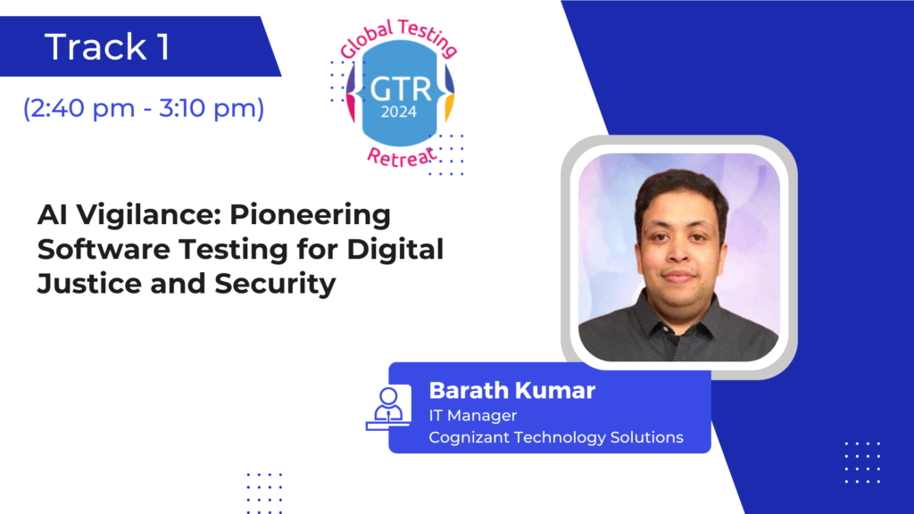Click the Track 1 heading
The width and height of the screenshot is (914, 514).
point(108,46)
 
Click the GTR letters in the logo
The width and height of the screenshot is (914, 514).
point(401,89)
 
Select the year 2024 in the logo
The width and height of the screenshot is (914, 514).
point(399,112)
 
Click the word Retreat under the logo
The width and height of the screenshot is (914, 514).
point(402,156)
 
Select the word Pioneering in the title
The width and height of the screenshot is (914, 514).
point(310,215)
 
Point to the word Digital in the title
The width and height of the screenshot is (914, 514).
point(395,250)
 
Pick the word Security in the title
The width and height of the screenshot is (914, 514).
point(275,285)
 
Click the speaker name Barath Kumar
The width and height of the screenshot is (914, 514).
point(511,391)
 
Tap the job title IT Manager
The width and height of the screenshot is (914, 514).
point(473,416)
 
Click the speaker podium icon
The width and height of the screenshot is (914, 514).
point(388,408)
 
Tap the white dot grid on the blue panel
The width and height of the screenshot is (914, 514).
point(863,462)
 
